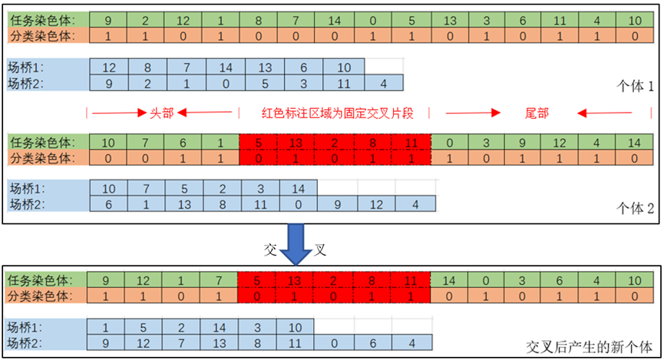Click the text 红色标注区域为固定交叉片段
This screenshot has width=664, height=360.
point(337,113)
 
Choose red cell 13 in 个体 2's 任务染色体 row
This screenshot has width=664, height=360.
point(297,142)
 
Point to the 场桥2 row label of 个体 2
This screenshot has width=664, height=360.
point(27,203)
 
